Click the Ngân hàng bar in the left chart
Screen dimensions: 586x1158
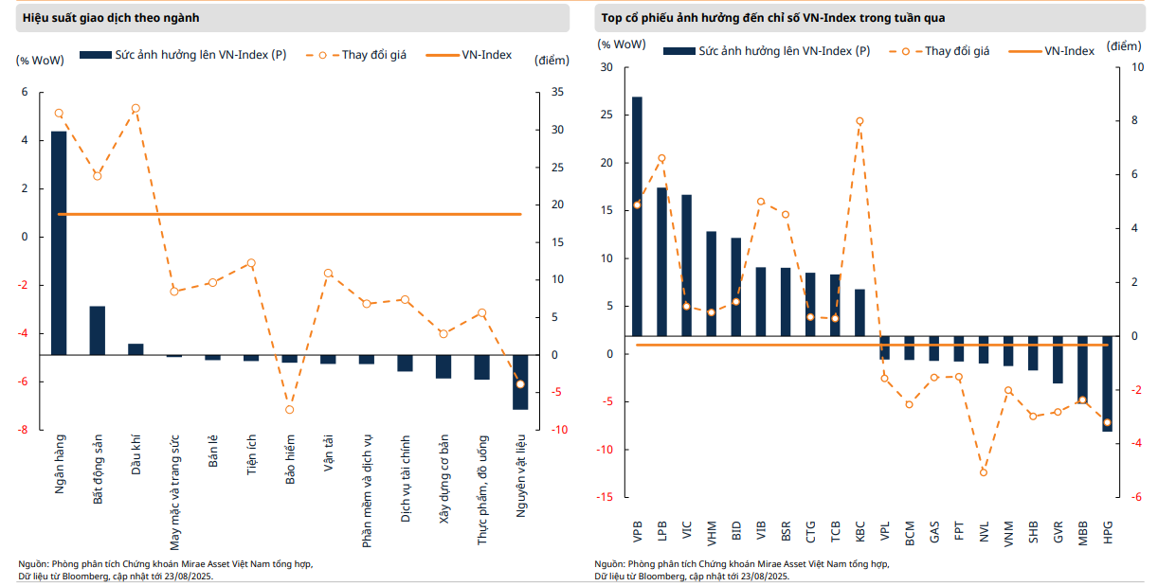coord(59,242)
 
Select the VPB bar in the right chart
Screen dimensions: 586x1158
coord(637,216)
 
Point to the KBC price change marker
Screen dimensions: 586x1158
coord(859,121)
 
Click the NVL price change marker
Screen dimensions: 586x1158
coord(984,471)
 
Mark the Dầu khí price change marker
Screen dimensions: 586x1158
coord(136,109)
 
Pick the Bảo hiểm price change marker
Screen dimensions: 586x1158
coord(290,409)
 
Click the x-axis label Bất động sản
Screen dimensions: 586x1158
coord(98,471)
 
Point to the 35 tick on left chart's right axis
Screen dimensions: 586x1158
coord(557,92)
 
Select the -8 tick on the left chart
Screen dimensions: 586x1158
coord(25,430)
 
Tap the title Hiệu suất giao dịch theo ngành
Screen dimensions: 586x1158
coord(111,18)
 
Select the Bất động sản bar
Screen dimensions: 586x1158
coord(98,330)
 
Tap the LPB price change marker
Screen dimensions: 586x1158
coord(661,158)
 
